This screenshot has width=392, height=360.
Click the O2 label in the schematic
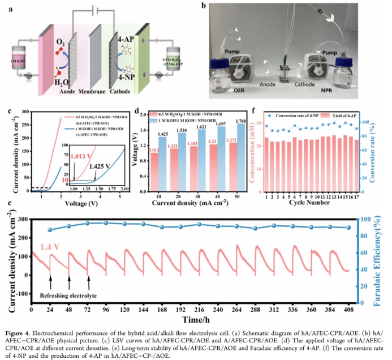pyautogui.click(x=62, y=41)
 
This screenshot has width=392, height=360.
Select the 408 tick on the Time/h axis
pyautogui.click(x=348, y=311)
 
